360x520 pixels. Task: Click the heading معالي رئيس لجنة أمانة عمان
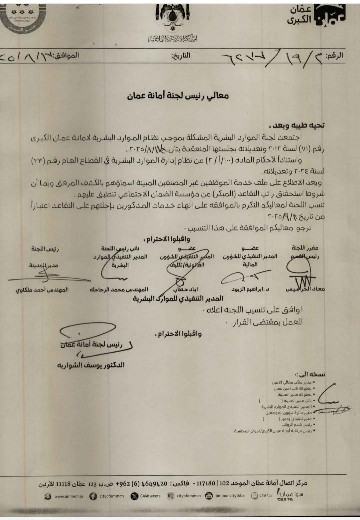(178, 96)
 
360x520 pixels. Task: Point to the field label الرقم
(334, 56)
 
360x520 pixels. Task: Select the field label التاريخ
(181, 55)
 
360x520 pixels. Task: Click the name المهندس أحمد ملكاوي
(42, 290)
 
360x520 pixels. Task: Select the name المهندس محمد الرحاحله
(119, 289)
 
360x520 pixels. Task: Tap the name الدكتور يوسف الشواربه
(91, 365)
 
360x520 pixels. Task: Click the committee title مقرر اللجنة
(305, 248)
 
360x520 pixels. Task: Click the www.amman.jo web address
(69, 496)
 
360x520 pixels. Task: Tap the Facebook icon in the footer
(93, 496)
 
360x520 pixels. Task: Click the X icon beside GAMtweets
(134, 496)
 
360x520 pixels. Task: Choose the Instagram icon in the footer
(171, 496)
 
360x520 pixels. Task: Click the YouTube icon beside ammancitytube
(209, 496)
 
